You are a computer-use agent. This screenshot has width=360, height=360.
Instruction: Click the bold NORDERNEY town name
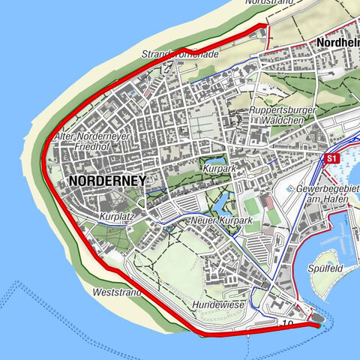point(106,181)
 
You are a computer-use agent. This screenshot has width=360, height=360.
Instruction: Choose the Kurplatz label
point(114,217)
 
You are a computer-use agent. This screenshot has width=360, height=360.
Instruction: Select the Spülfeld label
point(325,268)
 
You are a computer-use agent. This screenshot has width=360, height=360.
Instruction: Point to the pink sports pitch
point(268,203)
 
